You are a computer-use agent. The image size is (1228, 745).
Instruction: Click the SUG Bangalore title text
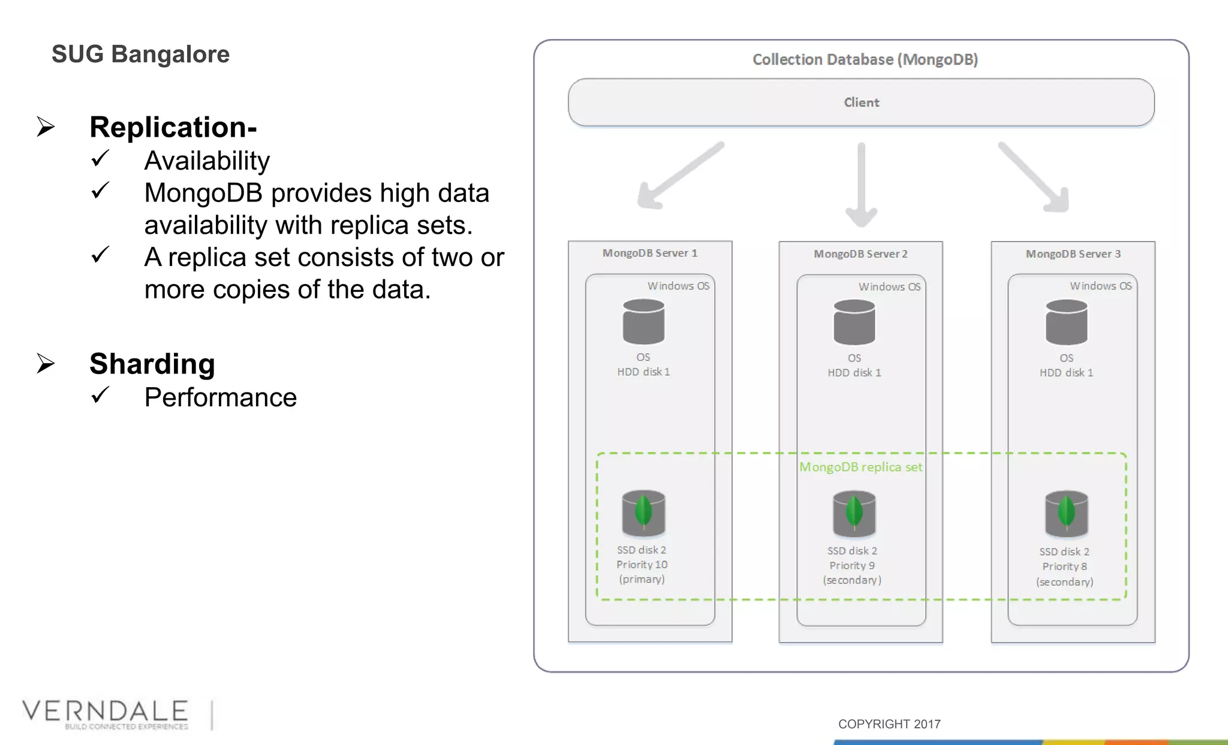pyautogui.click(x=140, y=55)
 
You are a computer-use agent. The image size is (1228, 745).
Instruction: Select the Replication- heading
pyautogui.click(x=173, y=127)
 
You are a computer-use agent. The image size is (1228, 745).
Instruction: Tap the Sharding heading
pyautogui.click(x=152, y=364)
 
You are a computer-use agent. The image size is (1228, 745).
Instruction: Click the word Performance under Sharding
pyautogui.click(x=220, y=397)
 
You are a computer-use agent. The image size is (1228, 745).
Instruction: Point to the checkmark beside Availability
pyautogui.click(x=100, y=159)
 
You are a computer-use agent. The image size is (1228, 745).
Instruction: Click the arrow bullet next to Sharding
pyautogui.click(x=46, y=363)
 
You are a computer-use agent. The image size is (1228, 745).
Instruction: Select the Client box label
pyautogui.click(x=861, y=102)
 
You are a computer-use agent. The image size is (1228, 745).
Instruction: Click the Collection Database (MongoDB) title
pyautogui.click(x=865, y=59)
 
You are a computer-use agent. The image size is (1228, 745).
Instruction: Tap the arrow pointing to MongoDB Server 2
pyautogui.click(x=861, y=186)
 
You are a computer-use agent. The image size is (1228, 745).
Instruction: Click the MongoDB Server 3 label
pyautogui.click(x=1073, y=254)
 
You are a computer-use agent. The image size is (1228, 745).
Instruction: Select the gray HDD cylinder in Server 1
pyautogui.click(x=643, y=322)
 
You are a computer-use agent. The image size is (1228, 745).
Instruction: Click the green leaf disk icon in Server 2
pyautogui.click(x=854, y=514)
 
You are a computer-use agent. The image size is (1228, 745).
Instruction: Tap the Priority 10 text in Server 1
pyautogui.click(x=642, y=565)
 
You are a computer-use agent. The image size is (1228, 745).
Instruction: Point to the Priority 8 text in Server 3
pyautogui.click(x=1064, y=566)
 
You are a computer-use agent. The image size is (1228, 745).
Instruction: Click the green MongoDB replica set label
pyautogui.click(x=860, y=467)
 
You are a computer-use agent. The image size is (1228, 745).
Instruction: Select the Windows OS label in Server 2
pyautogui.click(x=889, y=287)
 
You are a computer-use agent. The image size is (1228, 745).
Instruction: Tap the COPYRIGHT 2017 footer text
pyautogui.click(x=889, y=724)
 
